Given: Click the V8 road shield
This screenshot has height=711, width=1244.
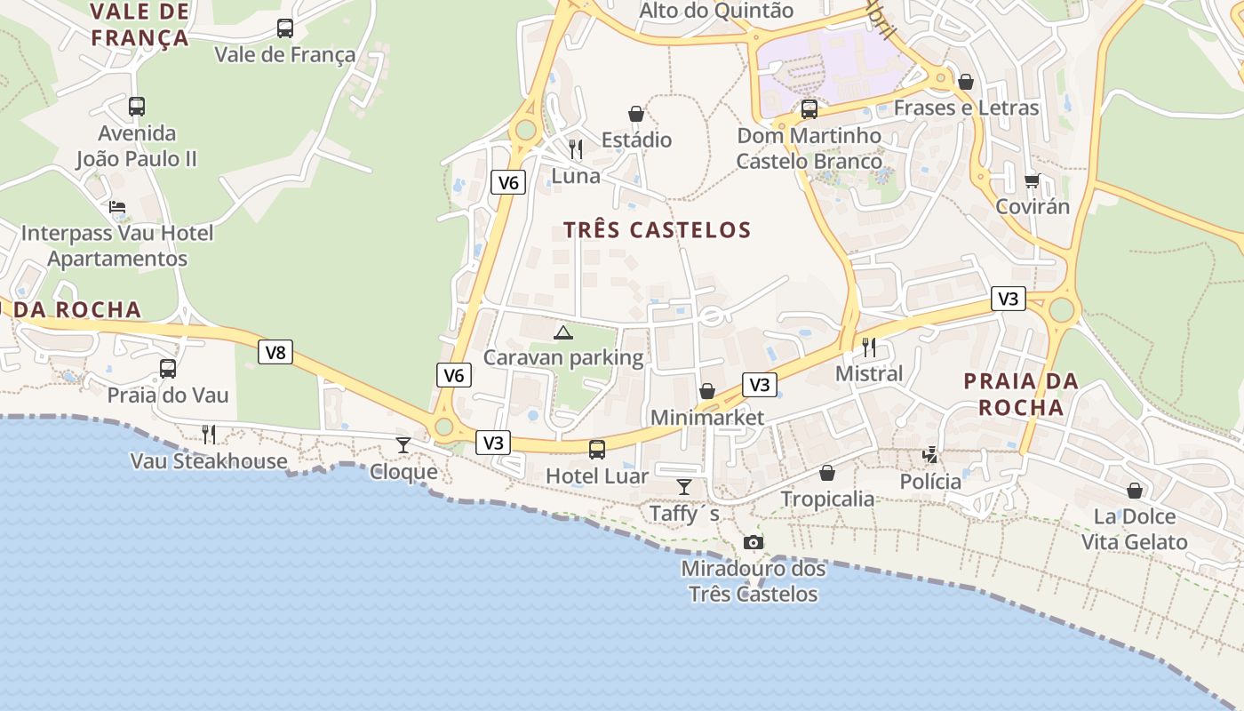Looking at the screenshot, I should pyautogui.click(x=275, y=352).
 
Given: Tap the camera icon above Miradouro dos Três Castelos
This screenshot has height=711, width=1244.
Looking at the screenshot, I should pyautogui.click(x=753, y=542).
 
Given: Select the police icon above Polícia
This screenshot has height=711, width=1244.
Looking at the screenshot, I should pyautogui.click(x=929, y=455).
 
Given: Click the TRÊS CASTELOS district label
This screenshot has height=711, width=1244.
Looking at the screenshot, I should pyautogui.click(x=658, y=230).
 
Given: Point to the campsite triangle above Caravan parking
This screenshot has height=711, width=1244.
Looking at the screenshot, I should pyautogui.click(x=562, y=333).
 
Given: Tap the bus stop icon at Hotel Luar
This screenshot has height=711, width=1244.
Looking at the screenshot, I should pyautogui.click(x=597, y=450).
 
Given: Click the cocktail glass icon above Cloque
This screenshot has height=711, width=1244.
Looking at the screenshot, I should pyautogui.click(x=403, y=444).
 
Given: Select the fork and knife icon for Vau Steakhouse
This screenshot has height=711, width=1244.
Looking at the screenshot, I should pyautogui.click(x=209, y=434).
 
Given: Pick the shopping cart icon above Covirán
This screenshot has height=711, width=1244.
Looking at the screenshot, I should pyautogui.click(x=1032, y=180).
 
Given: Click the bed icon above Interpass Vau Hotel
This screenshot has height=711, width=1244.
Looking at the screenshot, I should pyautogui.click(x=117, y=207).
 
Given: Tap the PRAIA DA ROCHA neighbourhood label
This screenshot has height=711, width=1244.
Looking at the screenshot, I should pyautogui.click(x=1021, y=394).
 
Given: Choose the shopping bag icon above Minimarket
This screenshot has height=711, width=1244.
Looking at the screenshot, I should pyautogui.click(x=707, y=391).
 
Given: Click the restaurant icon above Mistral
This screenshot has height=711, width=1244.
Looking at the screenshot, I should pyautogui.click(x=869, y=348).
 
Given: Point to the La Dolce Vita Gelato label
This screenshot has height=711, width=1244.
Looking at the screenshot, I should pyautogui.click(x=1134, y=529).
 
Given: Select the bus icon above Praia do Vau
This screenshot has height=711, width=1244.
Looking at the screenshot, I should pyautogui.click(x=168, y=369).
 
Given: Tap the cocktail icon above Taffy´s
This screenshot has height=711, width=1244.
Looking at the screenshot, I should pyautogui.click(x=684, y=486).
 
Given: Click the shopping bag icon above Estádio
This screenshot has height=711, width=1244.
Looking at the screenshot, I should pyautogui.click(x=636, y=114).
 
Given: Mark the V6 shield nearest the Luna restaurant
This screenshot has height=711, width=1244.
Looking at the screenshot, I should pyautogui.click(x=508, y=183).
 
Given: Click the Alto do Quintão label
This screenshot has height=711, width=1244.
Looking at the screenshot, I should pyautogui.click(x=716, y=11).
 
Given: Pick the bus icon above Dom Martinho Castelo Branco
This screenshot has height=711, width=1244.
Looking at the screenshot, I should pyautogui.click(x=809, y=109).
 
